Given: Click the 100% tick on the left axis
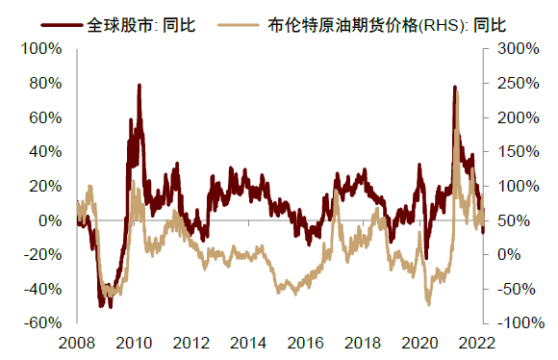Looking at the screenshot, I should coord(54,48).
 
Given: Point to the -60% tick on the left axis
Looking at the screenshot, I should coord(53,323).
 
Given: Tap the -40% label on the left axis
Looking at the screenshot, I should coord(53,289).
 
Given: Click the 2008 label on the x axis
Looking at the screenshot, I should coord(78,342).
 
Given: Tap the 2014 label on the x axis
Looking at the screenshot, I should coord(248,342).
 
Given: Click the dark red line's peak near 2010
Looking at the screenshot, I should coord(139,85).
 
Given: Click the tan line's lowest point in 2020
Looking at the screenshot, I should coord(428,304).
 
